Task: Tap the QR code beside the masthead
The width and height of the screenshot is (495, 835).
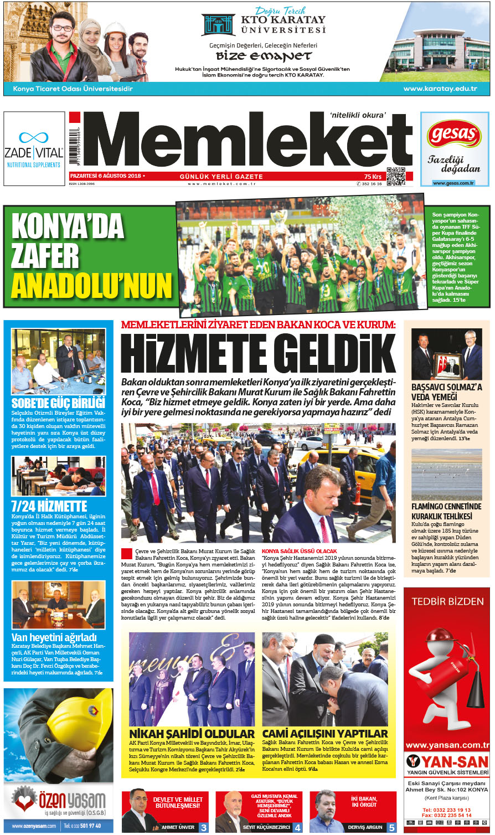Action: coord(395,176)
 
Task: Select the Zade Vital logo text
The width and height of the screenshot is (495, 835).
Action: coord(33,152)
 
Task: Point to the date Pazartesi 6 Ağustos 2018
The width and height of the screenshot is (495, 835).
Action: coord(106,176)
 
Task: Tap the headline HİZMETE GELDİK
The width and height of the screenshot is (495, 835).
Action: coord(258,352)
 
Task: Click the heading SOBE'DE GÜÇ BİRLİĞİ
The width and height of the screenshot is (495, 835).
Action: coord(58,403)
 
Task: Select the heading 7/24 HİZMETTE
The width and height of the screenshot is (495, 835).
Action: coord(49,506)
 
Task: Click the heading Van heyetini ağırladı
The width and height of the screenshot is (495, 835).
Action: coord(54,637)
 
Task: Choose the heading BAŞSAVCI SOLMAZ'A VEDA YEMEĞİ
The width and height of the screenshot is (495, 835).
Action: coord(446,392)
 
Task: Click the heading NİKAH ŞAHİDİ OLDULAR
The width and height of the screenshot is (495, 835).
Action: coord(192,734)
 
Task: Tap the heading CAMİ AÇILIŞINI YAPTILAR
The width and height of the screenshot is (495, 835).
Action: coord(325,734)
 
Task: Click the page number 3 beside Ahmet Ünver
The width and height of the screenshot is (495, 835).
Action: coord(204,827)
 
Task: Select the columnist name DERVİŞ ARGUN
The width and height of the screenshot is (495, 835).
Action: coord(365,827)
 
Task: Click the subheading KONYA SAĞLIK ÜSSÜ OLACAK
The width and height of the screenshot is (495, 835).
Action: coord(299,551)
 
